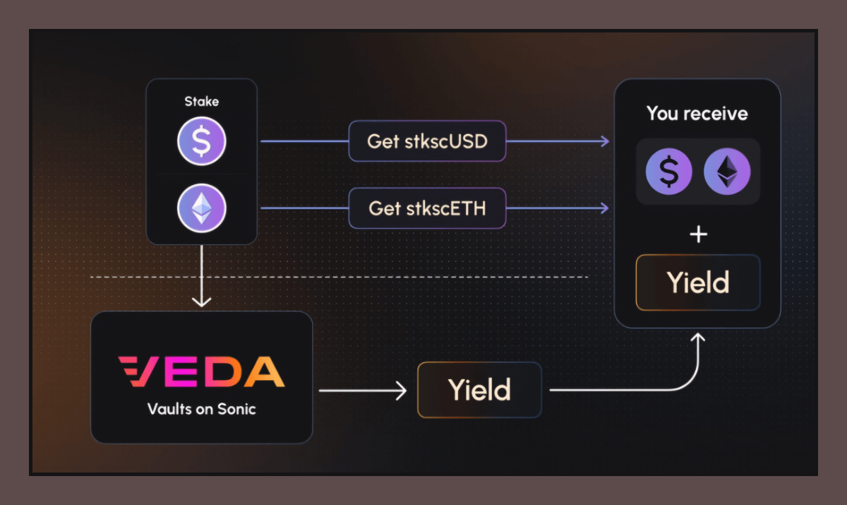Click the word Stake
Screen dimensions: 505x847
(x=201, y=102)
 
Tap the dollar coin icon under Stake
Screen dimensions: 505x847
(x=201, y=141)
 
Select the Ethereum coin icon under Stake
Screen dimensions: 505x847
(x=201, y=208)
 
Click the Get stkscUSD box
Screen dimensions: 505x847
(x=427, y=141)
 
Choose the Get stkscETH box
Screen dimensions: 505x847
(x=427, y=208)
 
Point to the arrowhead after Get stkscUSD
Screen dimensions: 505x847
(x=604, y=141)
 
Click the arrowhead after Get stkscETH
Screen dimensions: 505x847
(x=604, y=208)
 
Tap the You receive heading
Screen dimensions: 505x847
(x=697, y=114)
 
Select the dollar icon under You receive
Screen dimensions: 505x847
(x=668, y=172)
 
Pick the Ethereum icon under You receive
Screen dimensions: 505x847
(x=727, y=172)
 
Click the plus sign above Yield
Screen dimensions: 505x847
(x=698, y=234)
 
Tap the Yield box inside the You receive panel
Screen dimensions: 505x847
(x=698, y=283)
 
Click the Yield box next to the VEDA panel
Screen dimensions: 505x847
(x=479, y=390)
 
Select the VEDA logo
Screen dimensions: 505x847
(x=201, y=372)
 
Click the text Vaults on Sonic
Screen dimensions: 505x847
(x=201, y=409)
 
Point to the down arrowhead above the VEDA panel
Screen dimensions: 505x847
(x=202, y=302)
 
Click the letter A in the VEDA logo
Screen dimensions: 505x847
(x=265, y=372)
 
